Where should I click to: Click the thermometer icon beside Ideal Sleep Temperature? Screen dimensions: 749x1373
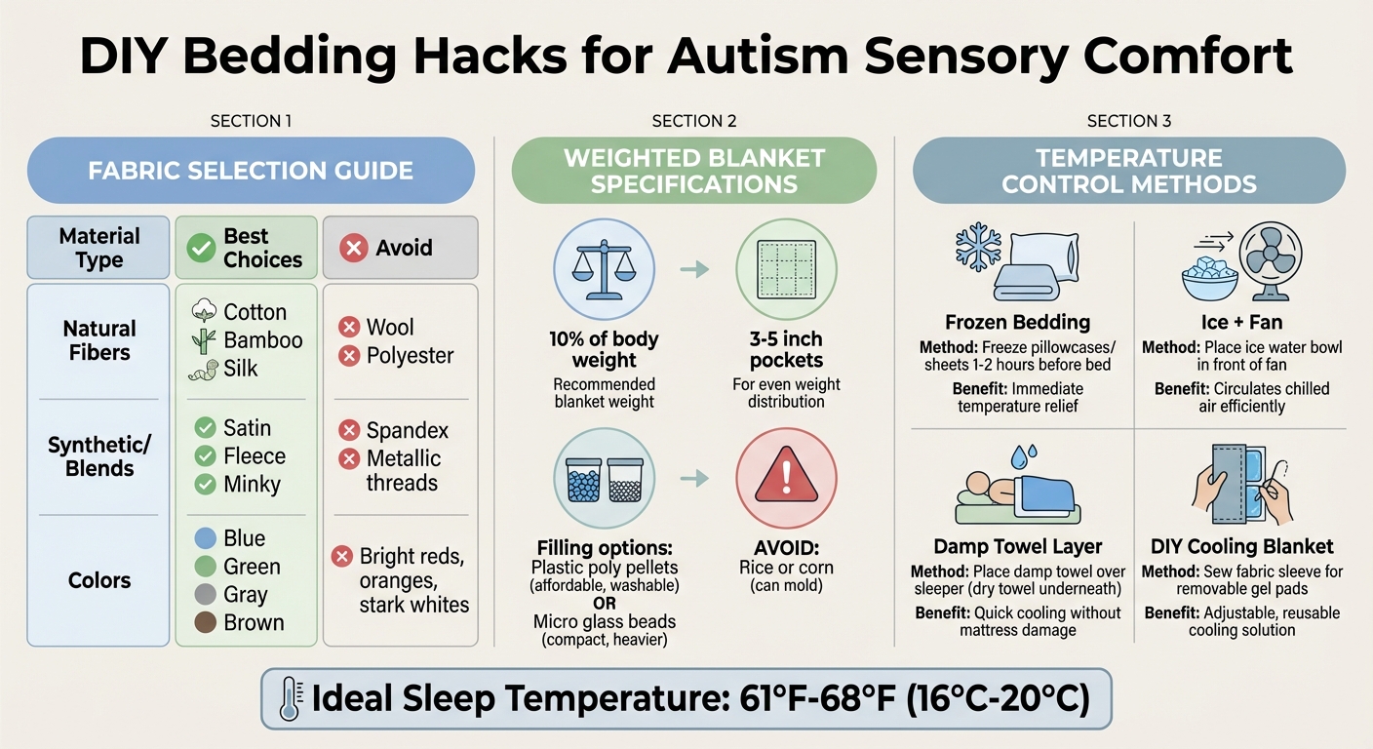tap(290, 699)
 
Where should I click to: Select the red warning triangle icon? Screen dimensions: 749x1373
tap(786, 478)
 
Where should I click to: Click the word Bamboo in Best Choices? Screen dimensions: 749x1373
tap(263, 340)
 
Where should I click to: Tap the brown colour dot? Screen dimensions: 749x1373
tap(205, 622)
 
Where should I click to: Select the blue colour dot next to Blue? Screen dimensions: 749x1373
tap(205, 538)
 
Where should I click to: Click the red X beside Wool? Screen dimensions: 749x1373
tap(348, 328)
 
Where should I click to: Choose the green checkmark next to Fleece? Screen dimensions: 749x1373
tap(205, 455)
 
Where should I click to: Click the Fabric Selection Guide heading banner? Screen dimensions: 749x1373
tap(251, 171)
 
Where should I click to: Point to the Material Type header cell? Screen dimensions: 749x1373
tap(98, 248)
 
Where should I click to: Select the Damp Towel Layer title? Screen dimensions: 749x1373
tap(1017, 546)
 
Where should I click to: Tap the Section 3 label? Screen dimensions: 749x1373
tap(1128, 121)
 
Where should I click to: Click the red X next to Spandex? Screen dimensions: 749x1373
tap(348, 430)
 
